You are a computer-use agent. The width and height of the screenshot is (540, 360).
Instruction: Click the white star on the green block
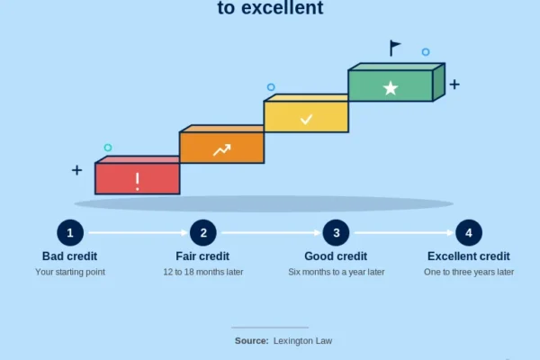pyautogui.click(x=391, y=88)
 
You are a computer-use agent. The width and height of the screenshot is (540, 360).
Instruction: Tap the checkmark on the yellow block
pyautogui.click(x=306, y=119)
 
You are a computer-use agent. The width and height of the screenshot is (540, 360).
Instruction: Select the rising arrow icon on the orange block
pyautogui.click(x=221, y=150)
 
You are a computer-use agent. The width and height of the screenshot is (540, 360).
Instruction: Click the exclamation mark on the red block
pyautogui.click(x=138, y=181)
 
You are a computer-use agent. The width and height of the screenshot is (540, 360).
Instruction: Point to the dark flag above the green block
pyautogui.click(x=395, y=48)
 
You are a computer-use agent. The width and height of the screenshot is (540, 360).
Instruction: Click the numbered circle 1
pyautogui.click(x=70, y=233)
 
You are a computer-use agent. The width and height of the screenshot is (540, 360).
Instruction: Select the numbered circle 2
pyautogui.click(x=203, y=233)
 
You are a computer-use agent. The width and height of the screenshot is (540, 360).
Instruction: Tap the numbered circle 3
pyautogui.click(x=336, y=233)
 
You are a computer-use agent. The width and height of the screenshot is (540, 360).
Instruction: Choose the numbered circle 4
pyautogui.click(x=469, y=233)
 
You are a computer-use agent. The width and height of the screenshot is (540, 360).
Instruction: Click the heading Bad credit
pyautogui.click(x=69, y=256)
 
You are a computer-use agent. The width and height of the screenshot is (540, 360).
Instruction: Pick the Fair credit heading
pyautogui.click(x=202, y=256)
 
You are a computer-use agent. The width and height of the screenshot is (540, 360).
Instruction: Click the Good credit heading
pyautogui.click(x=336, y=256)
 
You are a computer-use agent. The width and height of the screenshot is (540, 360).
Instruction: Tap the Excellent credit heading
pyautogui.click(x=469, y=256)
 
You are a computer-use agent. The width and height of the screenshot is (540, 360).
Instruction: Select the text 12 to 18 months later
pyautogui.click(x=203, y=272)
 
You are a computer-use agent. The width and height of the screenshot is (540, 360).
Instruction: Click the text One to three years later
pyautogui.click(x=469, y=272)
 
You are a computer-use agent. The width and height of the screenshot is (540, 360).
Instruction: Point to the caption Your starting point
pyautogui.click(x=70, y=272)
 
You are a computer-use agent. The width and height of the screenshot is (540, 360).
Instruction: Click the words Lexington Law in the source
pyautogui.click(x=302, y=341)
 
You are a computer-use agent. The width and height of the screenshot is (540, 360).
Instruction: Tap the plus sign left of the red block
pyautogui.click(x=76, y=170)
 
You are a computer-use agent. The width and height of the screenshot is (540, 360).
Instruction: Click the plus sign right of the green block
pyautogui.click(x=454, y=85)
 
